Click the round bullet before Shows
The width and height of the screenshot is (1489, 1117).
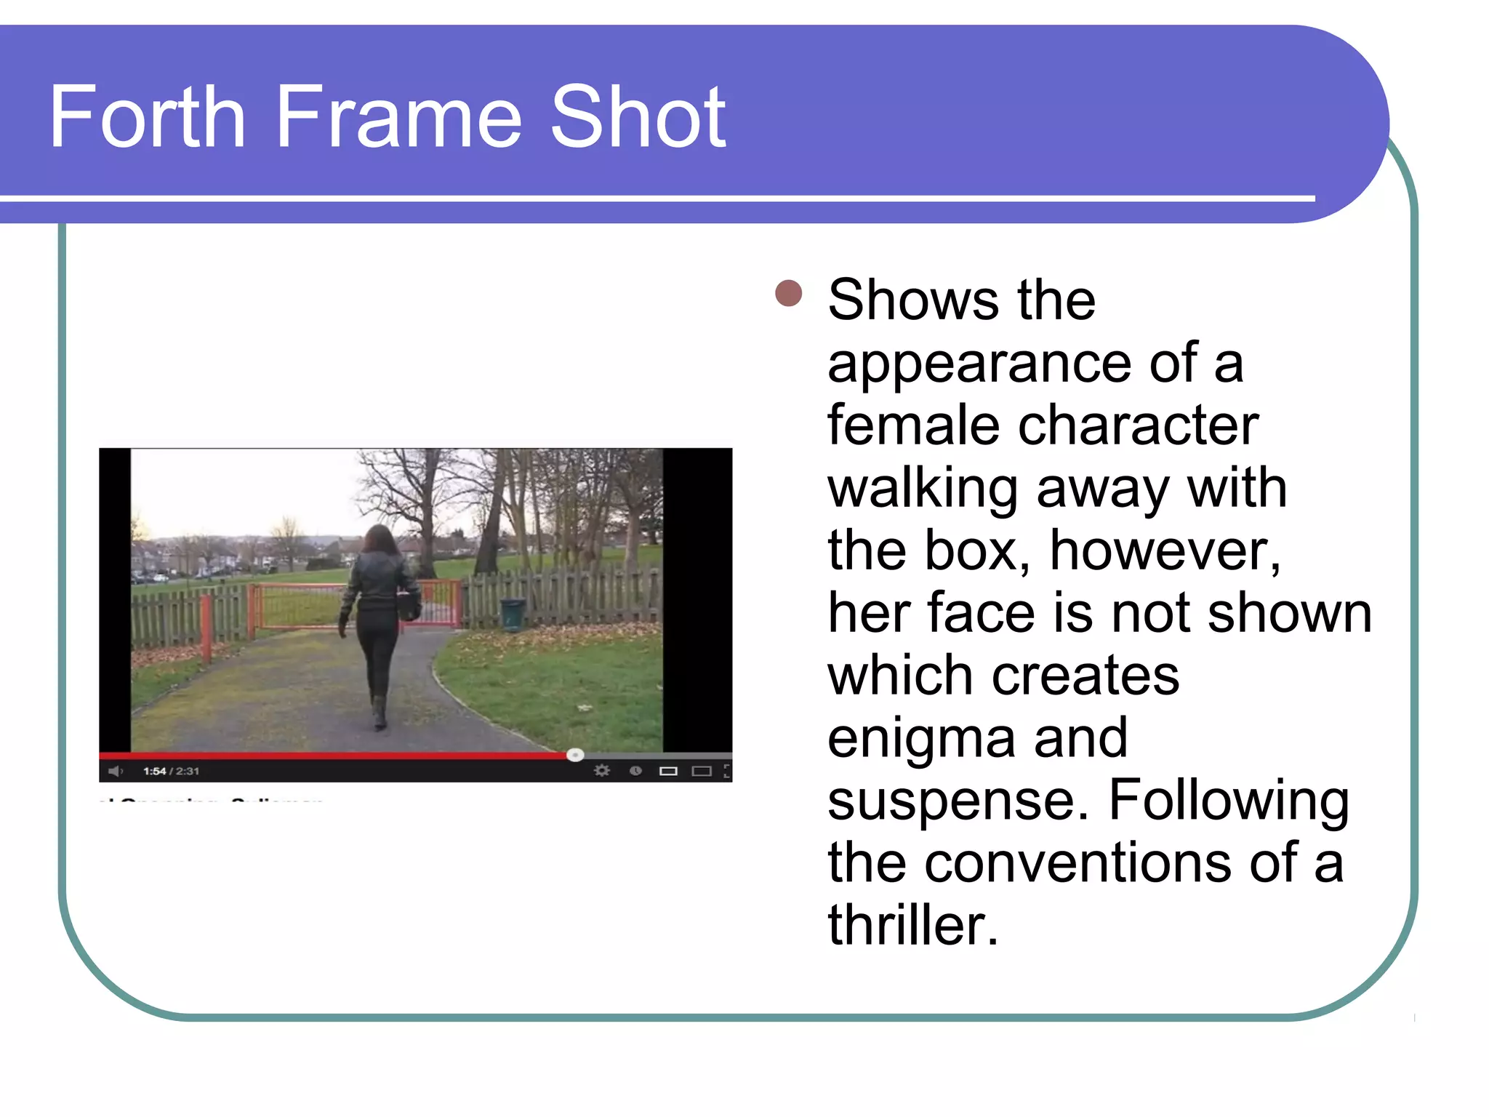pyautogui.click(x=788, y=294)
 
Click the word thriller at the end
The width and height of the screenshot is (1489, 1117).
pyautogui.click(x=912, y=925)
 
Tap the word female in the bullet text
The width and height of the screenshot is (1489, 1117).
pyautogui.click(x=913, y=425)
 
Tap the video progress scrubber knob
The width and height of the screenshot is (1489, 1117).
pyautogui.click(x=575, y=755)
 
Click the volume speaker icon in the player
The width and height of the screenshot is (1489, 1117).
pyautogui.click(x=115, y=771)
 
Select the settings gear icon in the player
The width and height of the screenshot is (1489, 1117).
pyautogui.click(x=601, y=771)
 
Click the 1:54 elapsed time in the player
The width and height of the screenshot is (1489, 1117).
pyautogui.click(x=154, y=771)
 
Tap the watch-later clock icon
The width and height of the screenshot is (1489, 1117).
pyautogui.click(x=635, y=771)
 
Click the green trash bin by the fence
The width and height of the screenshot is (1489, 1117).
pyautogui.click(x=513, y=614)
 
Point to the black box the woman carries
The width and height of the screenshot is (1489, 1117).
pyautogui.click(x=409, y=605)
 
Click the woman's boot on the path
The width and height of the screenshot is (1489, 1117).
pyautogui.click(x=379, y=713)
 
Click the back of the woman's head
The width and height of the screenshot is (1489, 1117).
pyautogui.click(x=378, y=540)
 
